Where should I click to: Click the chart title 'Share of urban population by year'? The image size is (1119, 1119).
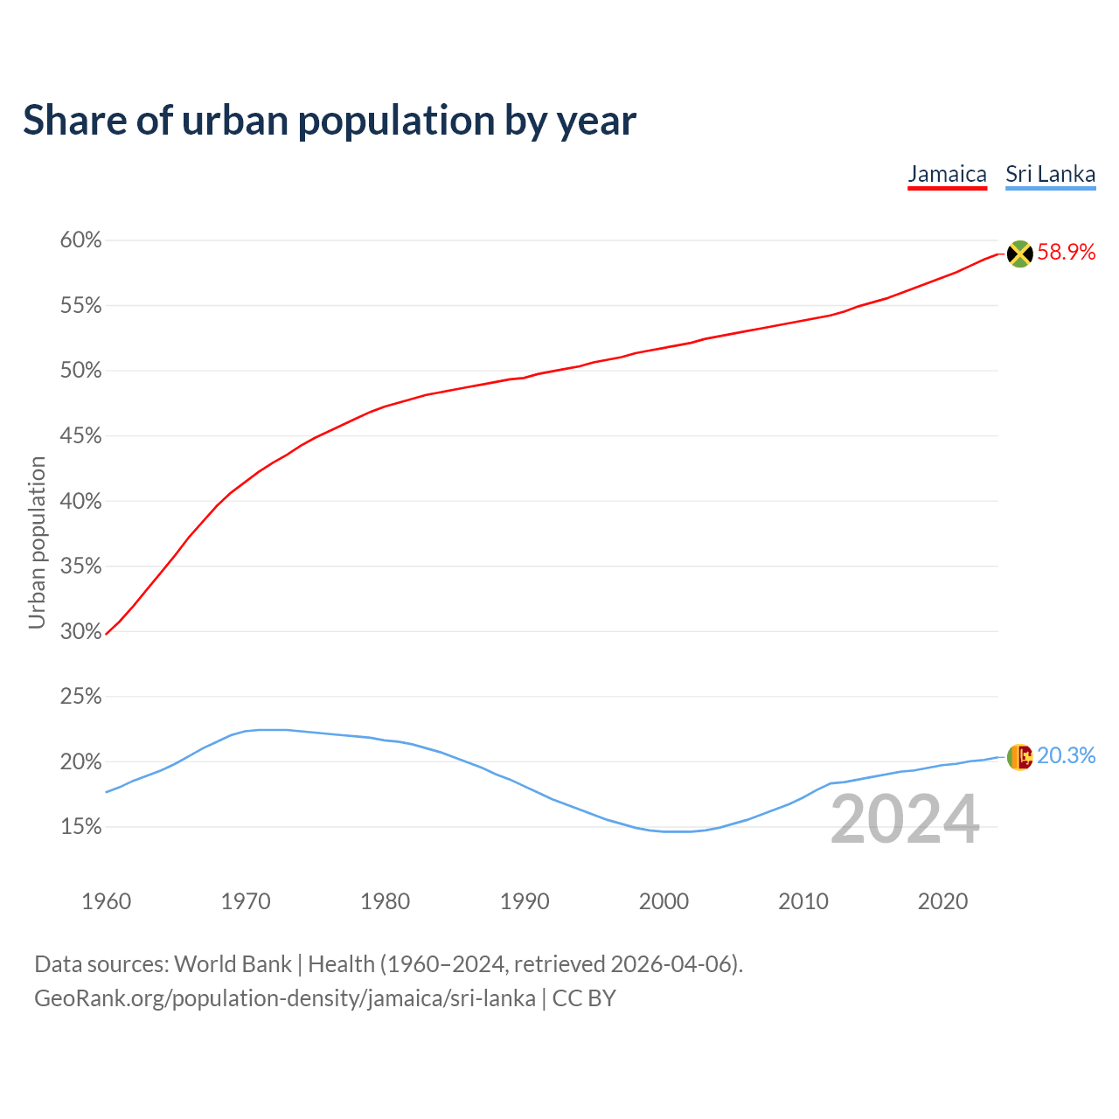(x=330, y=121)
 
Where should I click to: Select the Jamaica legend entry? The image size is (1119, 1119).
(x=947, y=174)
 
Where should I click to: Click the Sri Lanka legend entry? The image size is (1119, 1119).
(x=1050, y=174)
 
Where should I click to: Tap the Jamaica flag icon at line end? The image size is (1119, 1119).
(x=1019, y=254)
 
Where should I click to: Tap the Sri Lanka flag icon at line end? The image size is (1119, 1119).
(x=1019, y=756)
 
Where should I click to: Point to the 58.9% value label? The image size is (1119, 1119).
(x=1067, y=253)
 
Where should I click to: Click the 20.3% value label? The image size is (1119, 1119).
(x=1067, y=755)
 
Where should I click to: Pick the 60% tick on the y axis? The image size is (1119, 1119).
(x=80, y=240)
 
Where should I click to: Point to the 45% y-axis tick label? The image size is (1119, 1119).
(x=80, y=436)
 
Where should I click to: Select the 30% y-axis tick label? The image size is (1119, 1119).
(x=80, y=631)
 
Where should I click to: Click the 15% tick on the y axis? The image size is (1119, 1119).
(x=80, y=827)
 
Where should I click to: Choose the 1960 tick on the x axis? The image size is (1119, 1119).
(x=106, y=901)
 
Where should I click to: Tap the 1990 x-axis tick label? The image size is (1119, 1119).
(x=525, y=901)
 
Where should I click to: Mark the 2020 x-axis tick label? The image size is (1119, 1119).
(x=942, y=901)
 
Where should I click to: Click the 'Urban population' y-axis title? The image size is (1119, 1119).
(x=37, y=542)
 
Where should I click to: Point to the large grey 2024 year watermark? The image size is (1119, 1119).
(x=905, y=820)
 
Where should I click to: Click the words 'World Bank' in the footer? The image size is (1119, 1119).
(x=233, y=964)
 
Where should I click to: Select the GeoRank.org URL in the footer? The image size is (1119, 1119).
(x=285, y=998)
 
